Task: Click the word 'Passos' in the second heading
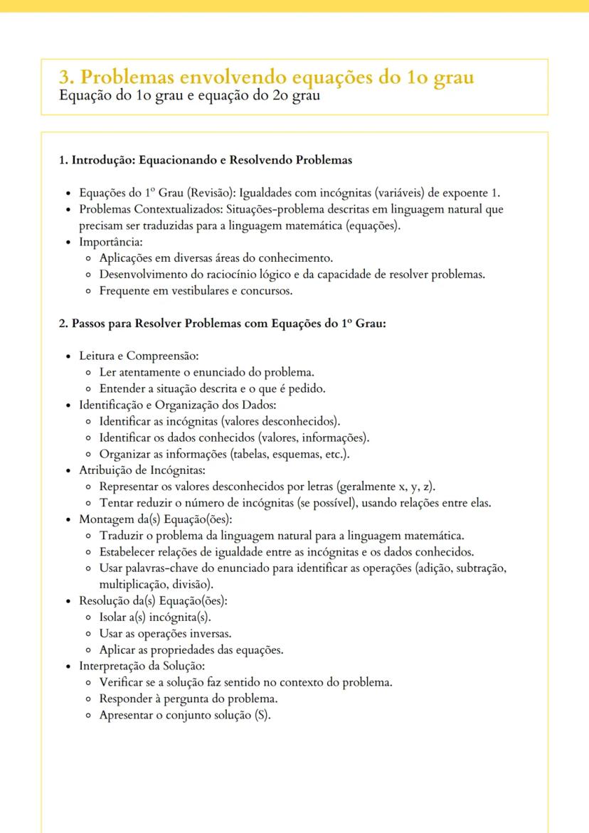pos(89,323)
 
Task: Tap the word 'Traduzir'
pos(122,535)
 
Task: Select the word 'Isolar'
pos(115,617)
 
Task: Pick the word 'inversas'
pos(211,633)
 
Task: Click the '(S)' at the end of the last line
pos(262,715)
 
